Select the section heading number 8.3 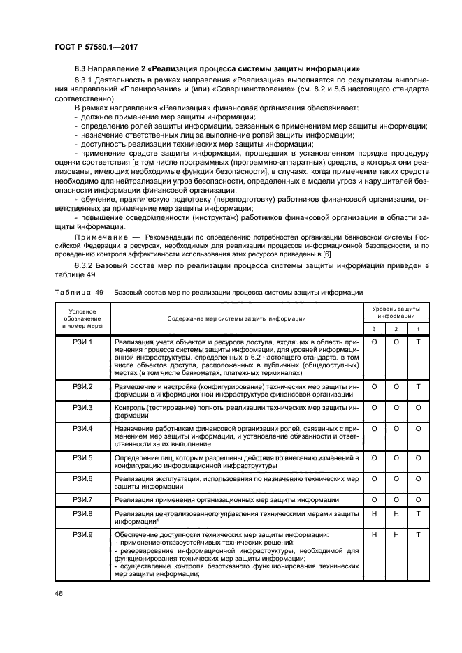click(x=82, y=68)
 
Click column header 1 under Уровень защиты click(x=418, y=328)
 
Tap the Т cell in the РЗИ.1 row click(x=418, y=342)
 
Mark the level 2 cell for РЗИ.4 click(x=396, y=428)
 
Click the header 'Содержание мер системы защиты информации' click(x=236, y=318)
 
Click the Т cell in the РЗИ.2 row click(x=418, y=386)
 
